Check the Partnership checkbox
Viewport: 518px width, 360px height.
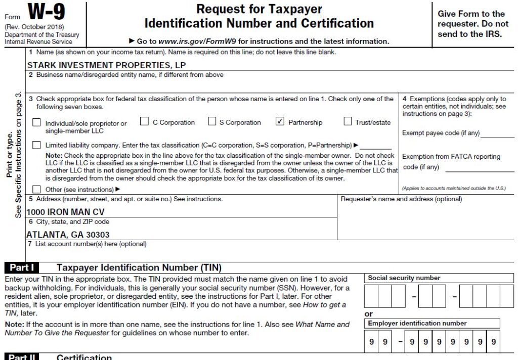[280, 121]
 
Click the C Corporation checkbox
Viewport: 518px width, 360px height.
[144, 121]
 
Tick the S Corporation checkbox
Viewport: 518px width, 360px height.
[212, 121]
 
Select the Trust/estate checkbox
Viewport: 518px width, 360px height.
[348, 121]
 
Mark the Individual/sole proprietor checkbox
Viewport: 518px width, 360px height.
[37, 122]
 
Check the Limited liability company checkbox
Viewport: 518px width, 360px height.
[37, 145]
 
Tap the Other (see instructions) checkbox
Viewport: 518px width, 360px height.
[37, 189]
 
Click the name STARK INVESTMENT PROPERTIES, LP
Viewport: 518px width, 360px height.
[106, 65]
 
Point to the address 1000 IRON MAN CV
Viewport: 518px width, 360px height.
[65, 212]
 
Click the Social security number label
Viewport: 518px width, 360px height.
[404, 278]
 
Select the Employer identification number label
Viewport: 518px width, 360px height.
[417, 323]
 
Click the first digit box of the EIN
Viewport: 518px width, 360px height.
[372, 342]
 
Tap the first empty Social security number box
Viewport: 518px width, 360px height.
[371, 296]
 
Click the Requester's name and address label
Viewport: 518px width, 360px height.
[401, 199]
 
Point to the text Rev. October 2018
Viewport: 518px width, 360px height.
[34, 26]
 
